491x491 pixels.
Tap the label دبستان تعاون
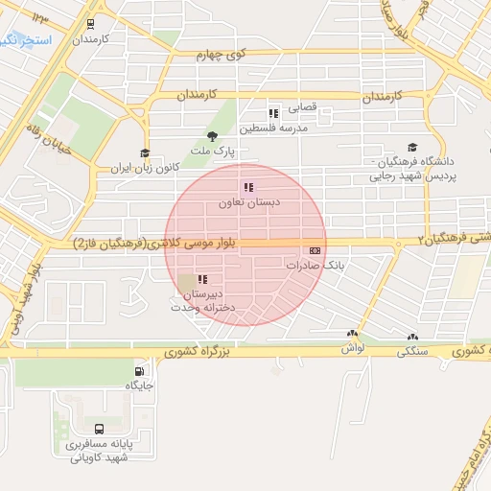coord(247,203)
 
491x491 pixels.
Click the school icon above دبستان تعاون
coord(247,187)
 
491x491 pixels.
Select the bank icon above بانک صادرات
coord(315,249)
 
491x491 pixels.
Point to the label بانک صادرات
coord(314,264)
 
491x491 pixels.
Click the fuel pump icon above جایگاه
coord(141,371)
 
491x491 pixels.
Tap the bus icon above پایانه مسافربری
coord(101,428)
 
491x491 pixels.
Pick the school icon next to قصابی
coord(273,113)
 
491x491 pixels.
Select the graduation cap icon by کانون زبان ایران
coord(145,153)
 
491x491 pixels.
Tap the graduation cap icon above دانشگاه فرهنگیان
coord(412,148)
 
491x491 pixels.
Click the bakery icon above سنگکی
coord(412,337)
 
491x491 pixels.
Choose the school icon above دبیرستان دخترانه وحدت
coord(202,278)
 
